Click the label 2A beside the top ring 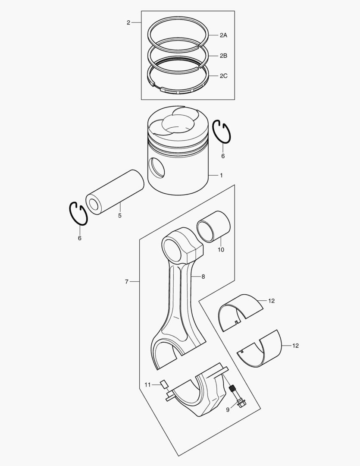223,35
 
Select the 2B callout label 223,56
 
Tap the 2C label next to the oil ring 223,76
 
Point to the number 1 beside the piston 221,176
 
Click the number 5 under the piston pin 119,215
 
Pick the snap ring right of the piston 223,131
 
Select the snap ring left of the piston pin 78,213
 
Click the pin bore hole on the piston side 156,168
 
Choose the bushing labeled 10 213,227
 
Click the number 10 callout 220,250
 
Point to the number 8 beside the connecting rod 203,277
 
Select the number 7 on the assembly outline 126,281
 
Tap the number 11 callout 147,384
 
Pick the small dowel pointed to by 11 163,383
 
